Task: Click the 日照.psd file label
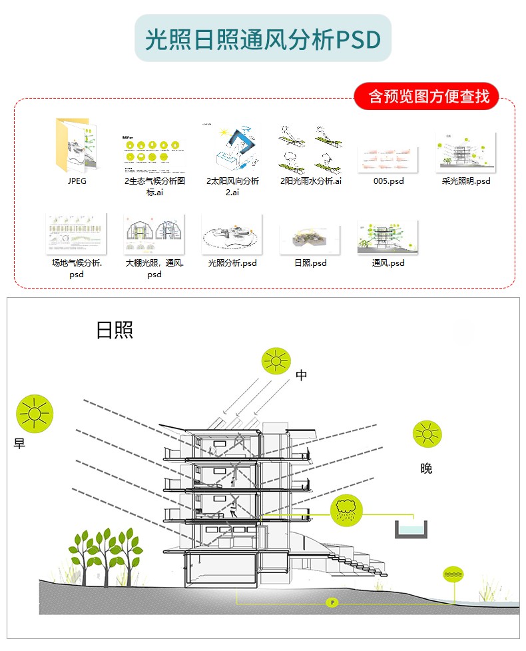coord(310,263)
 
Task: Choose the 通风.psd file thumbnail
coord(388,237)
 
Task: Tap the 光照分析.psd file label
coord(232,263)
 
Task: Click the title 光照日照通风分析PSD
coord(263,39)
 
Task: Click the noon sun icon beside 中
coord(275,360)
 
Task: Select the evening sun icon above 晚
coord(427,434)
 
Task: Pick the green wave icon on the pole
coord(453,574)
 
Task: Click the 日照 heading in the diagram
coord(115,330)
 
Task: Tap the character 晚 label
coord(426,468)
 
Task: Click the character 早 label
coord(19,444)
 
